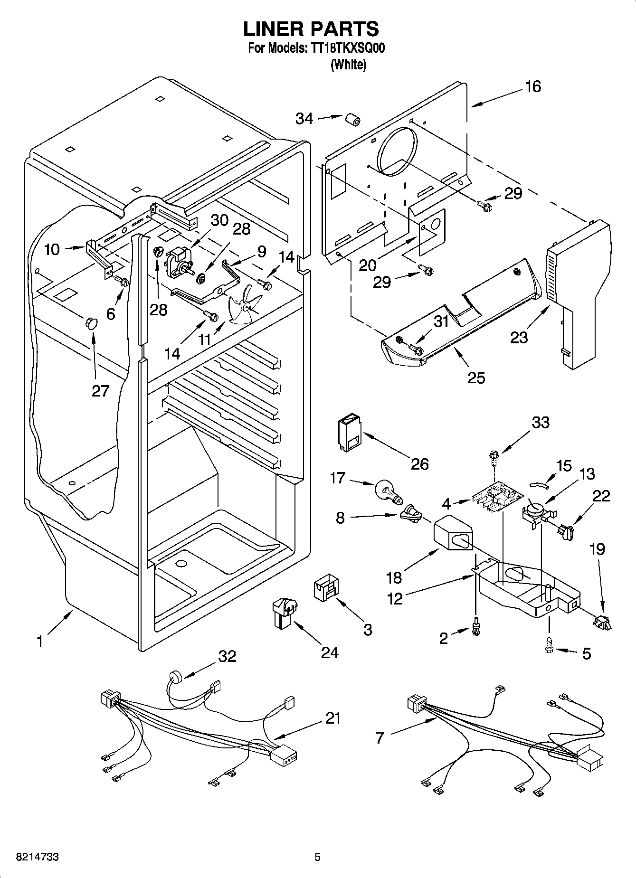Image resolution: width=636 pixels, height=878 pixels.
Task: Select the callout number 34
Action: (304, 118)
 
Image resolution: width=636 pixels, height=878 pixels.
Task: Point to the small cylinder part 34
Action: (352, 120)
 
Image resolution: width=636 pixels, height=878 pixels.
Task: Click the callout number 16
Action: (533, 86)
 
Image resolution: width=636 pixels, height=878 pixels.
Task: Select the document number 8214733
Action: (31, 857)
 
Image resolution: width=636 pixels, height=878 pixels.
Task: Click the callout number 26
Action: (420, 463)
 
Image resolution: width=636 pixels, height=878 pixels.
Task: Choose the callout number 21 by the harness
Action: (333, 718)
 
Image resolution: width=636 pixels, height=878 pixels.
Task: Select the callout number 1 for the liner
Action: (40, 642)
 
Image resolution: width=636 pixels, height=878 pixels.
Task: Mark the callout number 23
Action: (519, 337)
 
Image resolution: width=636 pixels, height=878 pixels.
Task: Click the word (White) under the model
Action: (348, 65)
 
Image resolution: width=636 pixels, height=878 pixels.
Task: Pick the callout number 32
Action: (227, 656)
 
